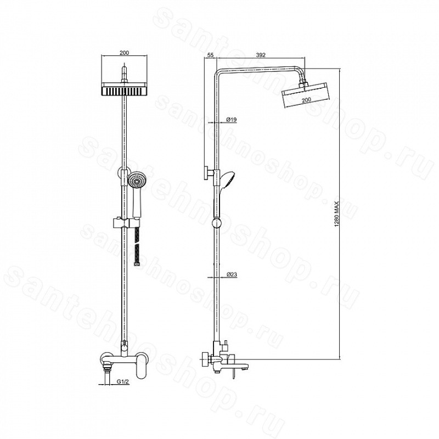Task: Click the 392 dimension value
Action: [260, 55]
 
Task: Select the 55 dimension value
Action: [211, 55]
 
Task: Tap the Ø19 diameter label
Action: [232, 120]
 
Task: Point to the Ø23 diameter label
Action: [232, 275]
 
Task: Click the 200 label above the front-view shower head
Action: [124, 53]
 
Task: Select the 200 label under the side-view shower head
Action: [307, 99]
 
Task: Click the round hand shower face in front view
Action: [137, 180]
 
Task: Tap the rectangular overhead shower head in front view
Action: [124, 89]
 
